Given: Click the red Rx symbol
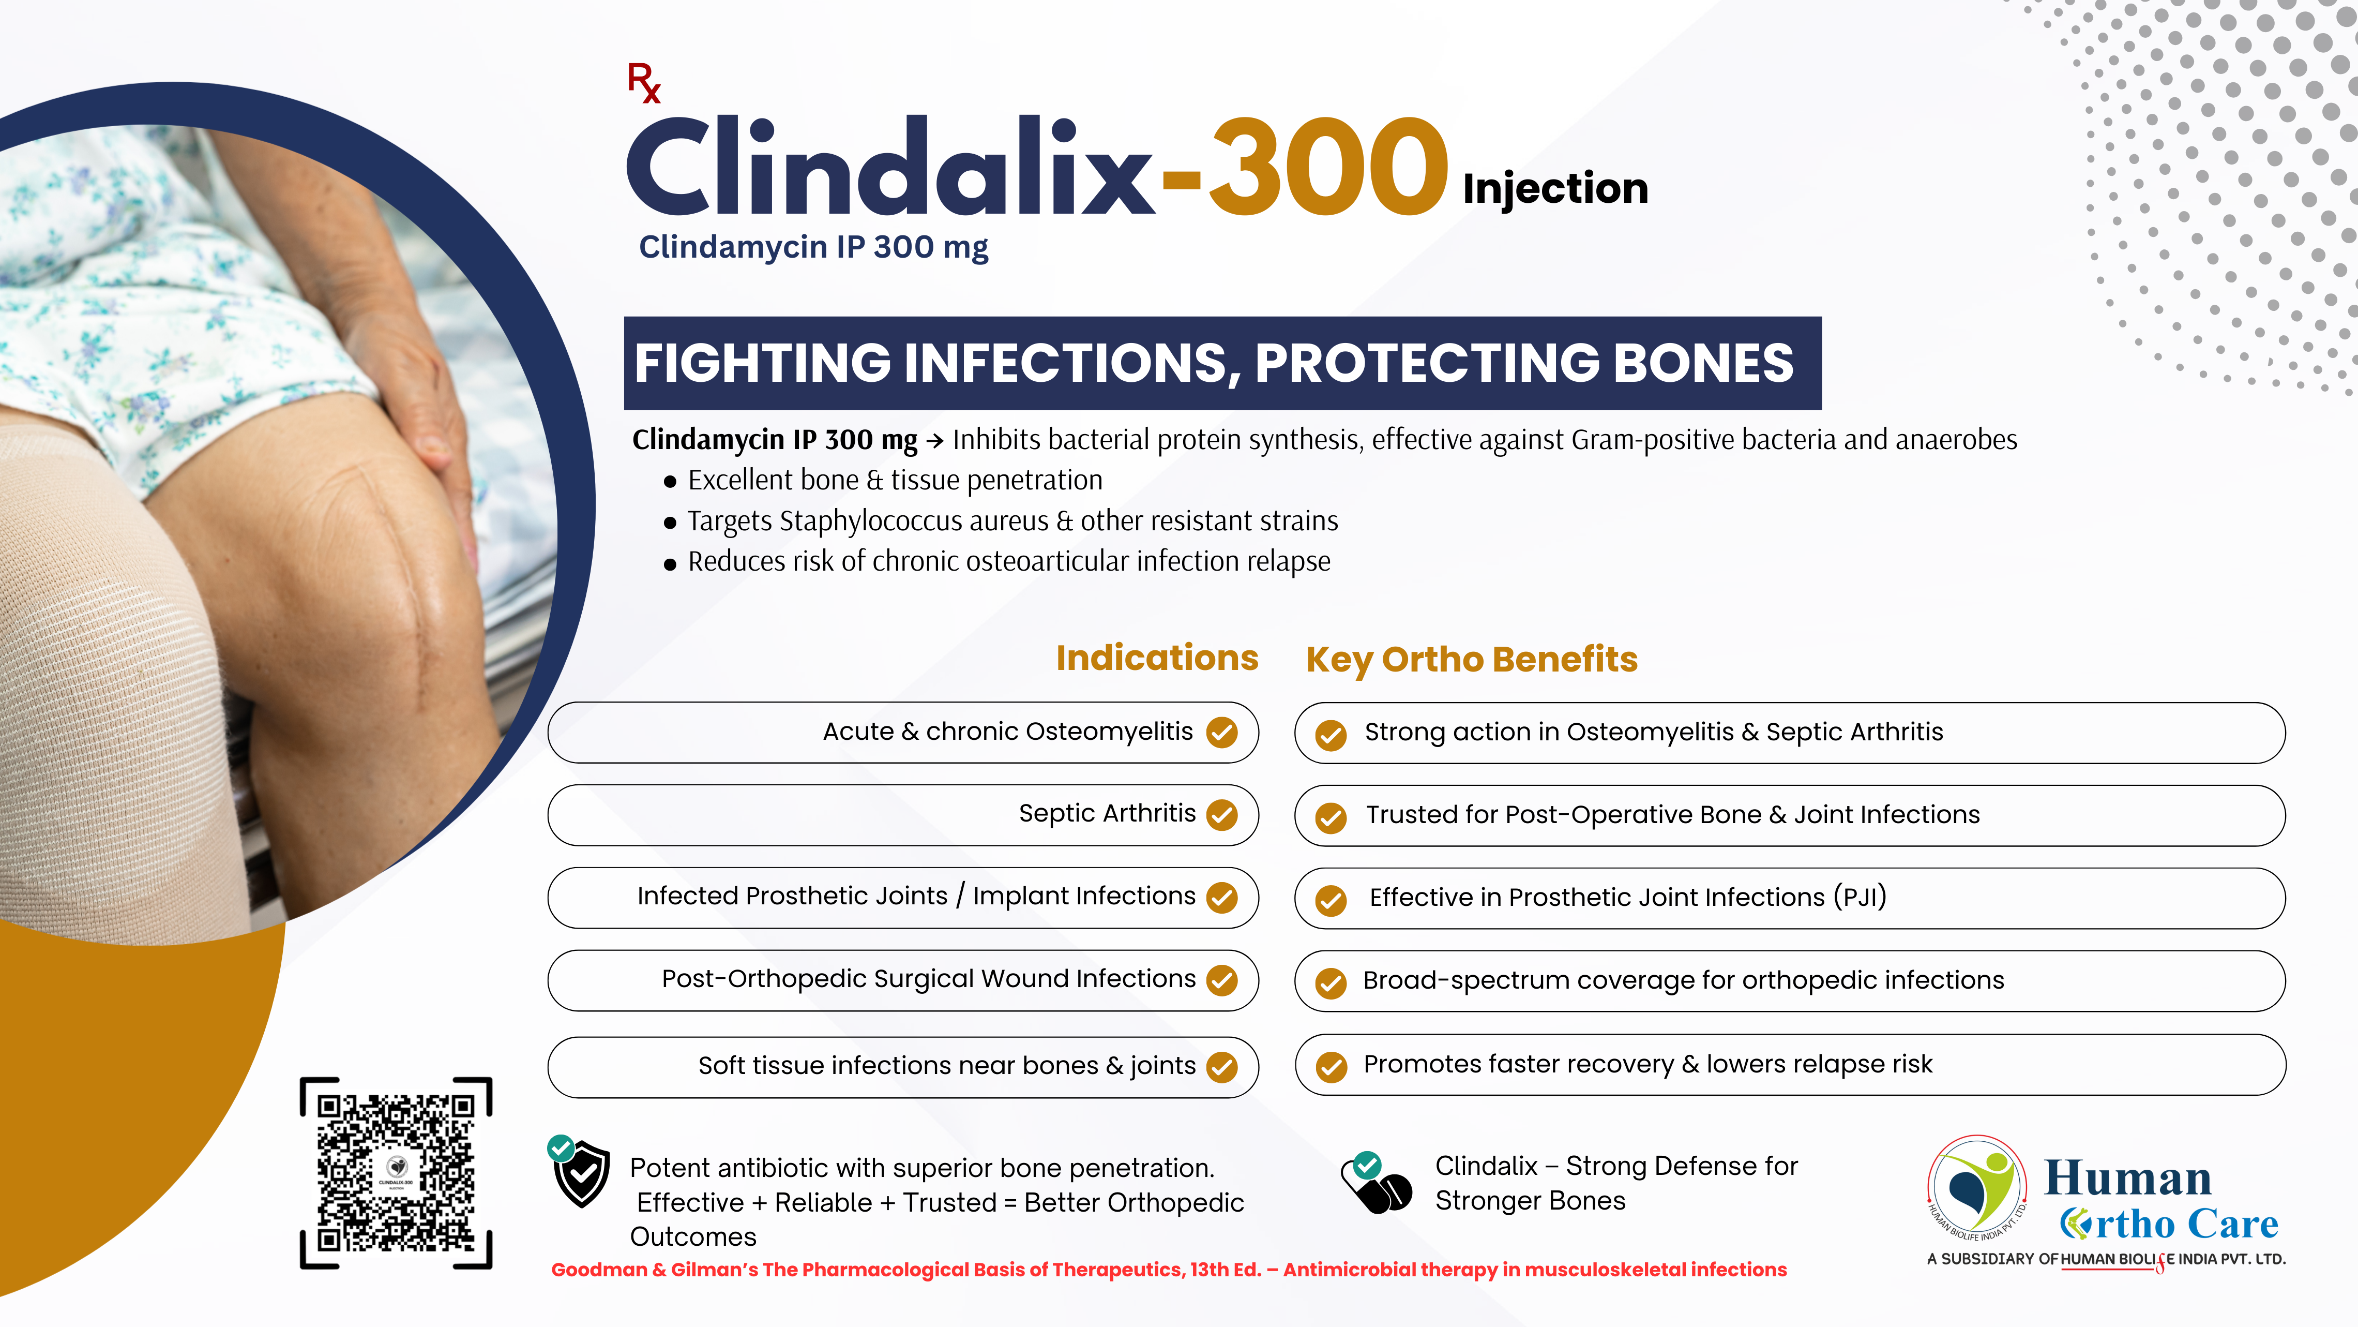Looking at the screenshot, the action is pos(643,82).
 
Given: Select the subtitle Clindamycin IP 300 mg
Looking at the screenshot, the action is pos(813,247).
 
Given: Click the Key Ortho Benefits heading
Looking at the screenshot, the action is pos(1472,660).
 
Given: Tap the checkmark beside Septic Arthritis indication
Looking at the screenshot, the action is pos(1222,814).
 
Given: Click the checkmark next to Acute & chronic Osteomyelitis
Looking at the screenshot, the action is pos(1222,732).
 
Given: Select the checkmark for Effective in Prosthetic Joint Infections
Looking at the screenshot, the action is pos(1331,900).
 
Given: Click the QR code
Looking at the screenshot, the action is pos(396,1173).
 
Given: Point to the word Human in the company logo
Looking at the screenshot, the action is pos(2127,1179).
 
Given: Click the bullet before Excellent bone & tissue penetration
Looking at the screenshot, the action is pos(670,482).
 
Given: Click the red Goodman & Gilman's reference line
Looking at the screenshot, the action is pos(1169,1269).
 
